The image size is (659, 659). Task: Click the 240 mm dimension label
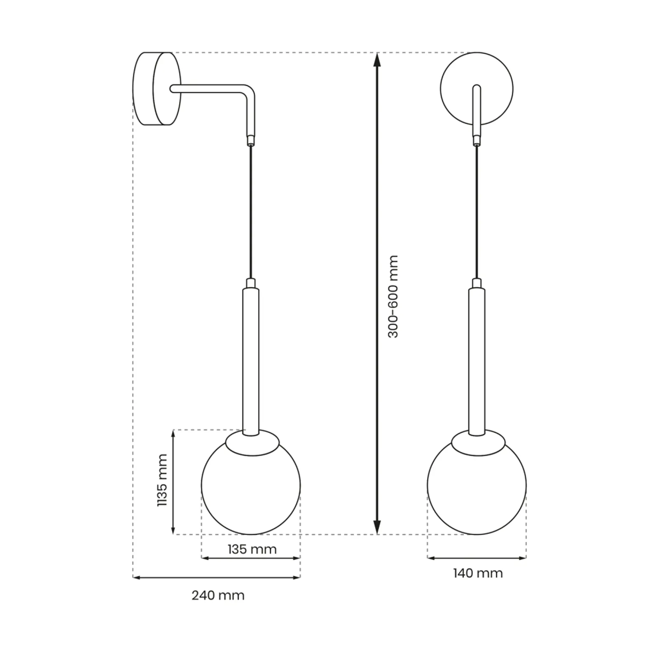click(x=218, y=596)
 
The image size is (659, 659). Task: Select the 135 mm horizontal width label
click(x=252, y=549)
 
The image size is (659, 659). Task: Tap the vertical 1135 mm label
click(x=163, y=480)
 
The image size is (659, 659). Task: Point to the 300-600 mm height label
click(x=393, y=297)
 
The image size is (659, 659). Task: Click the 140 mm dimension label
click(x=478, y=573)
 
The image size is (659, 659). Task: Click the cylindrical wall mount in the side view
click(x=157, y=89)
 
